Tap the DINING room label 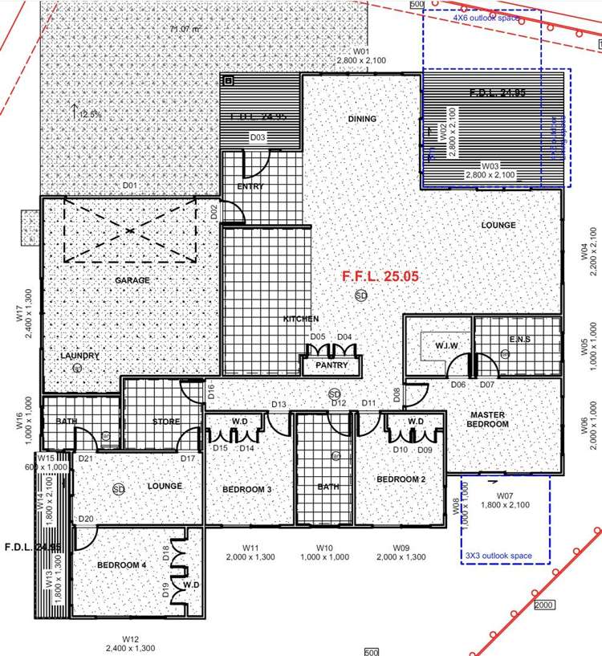click(362, 119)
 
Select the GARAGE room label click(132, 280)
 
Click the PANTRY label click(332, 365)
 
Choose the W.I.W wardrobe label click(424, 346)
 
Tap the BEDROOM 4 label click(122, 565)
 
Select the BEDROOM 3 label click(246, 489)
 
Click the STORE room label click(166, 422)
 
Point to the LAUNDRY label click(79, 356)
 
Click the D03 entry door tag click(258, 137)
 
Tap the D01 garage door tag click(130, 186)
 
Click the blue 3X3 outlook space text click(498, 556)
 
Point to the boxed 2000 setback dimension click(543, 605)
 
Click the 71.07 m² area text click(185, 30)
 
